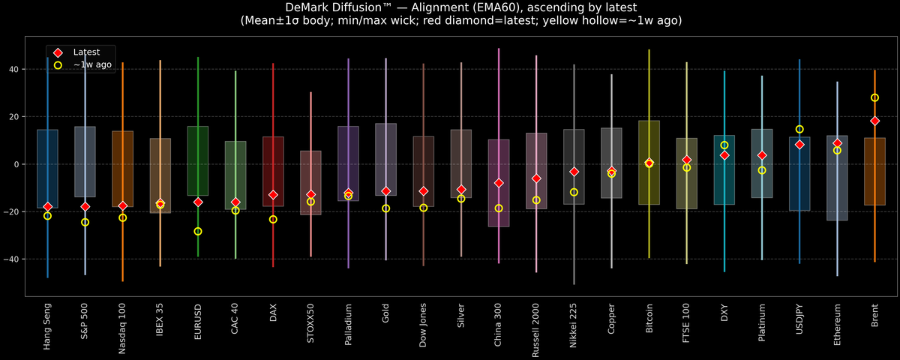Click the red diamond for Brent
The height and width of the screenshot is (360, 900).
[x=874, y=121]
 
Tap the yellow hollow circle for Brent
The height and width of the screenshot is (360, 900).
[x=874, y=97]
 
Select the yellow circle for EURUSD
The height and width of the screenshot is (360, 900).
[x=198, y=231]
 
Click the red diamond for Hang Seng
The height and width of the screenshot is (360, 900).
[x=47, y=206]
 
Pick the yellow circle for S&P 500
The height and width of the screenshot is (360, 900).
[x=85, y=222]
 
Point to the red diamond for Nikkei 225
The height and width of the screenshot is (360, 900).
[x=574, y=172]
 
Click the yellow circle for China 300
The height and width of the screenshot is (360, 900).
[x=499, y=208]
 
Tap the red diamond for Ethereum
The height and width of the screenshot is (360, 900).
[x=837, y=143]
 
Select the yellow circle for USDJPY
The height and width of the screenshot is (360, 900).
[x=799, y=129]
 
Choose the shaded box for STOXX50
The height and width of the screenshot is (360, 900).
[x=310, y=183]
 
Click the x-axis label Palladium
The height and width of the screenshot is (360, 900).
[x=348, y=326]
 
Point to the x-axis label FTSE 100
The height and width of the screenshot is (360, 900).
[x=686, y=325]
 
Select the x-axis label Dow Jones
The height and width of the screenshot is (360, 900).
[x=424, y=326]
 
